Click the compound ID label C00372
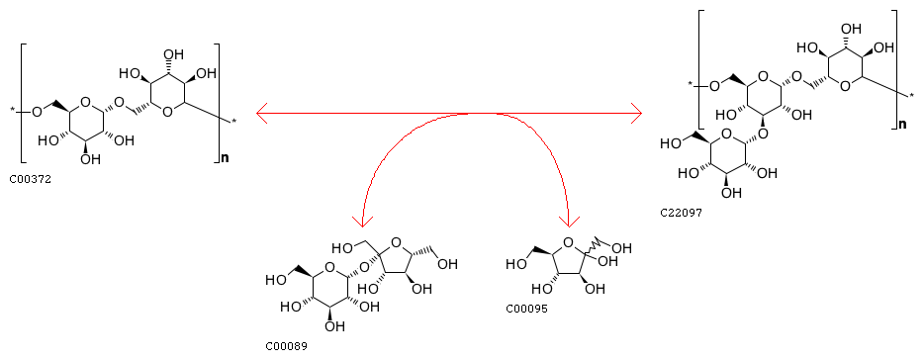pyautogui.click(x=30, y=179)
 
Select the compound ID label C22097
pyautogui.click(x=681, y=213)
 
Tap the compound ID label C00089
pyautogui.click(x=286, y=346)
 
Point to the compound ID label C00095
pyautogui.click(x=526, y=309)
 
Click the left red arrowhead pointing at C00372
pyautogui.click(x=262, y=112)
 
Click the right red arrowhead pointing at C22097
pyautogui.click(x=636, y=112)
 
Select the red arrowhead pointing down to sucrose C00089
pyautogui.click(x=363, y=222)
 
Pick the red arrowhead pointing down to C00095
pyautogui.click(x=569, y=222)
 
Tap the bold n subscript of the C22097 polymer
pyautogui.click(x=901, y=125)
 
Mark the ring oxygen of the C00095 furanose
pyautogui.click(x=568, y=242)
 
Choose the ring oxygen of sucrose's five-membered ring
pyautogui.click(x=396, y=241)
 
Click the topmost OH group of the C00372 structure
pyautogui.click(x=174, y=54)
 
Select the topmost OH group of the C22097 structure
pyautogui.click(x=851, y=29)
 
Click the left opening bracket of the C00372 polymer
pyautogui.click(x=23, y=103)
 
